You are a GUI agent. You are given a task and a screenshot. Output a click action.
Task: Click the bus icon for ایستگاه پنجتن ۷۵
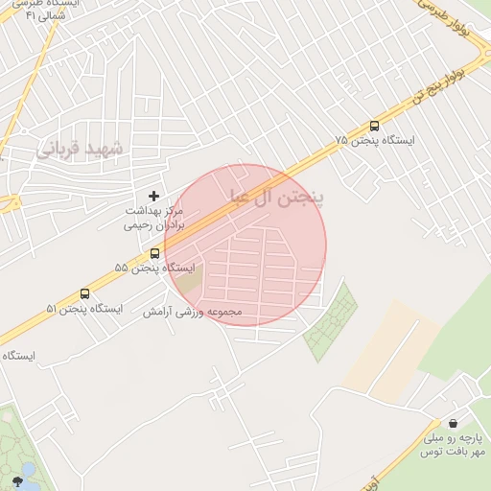click(x=374, y=126)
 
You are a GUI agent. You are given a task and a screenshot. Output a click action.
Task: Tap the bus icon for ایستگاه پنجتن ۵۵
click(x=155, y=253)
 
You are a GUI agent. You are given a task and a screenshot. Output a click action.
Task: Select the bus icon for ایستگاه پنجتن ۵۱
click(x=84, y=294)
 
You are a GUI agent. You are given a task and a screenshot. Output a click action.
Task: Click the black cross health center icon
click(x=153, y=196)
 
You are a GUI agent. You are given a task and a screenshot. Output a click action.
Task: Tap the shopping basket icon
click(x=452, y=423)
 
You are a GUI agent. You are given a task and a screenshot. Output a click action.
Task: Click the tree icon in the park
click(x=16, y=480)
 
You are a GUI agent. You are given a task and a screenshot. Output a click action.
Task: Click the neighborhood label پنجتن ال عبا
click(x=277, y=198)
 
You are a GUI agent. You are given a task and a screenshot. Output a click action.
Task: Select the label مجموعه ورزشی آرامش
click(x=193, y=313)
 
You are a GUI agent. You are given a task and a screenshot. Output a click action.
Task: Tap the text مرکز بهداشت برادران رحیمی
click(x=159, y=219)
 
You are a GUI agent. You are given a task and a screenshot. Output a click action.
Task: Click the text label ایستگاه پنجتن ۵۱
click(x=84, y=309)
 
